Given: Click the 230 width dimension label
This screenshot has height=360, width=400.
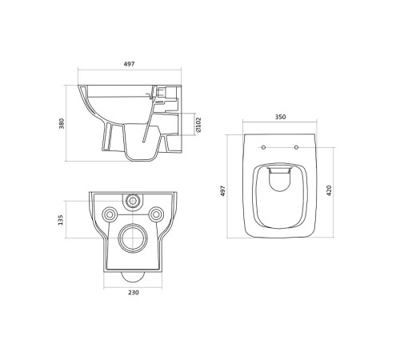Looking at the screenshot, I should point(133,293).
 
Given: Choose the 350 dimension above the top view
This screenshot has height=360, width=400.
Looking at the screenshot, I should point(279,117).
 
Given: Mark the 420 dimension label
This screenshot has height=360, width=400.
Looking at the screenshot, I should point(329,192).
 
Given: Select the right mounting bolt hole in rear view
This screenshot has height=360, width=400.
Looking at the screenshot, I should point(157,214).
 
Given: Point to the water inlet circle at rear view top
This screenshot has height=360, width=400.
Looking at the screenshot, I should point(132,199).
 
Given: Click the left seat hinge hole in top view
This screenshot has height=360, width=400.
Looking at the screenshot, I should point(263,147).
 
